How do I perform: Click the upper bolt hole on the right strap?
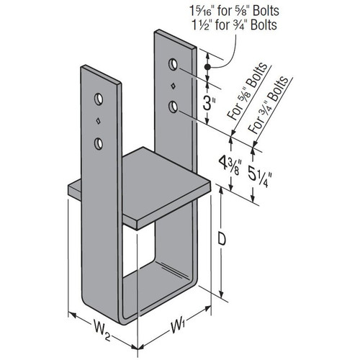click(174, 66)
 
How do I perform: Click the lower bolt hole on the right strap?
click(174, 107)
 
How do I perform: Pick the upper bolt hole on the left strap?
click(99, 96)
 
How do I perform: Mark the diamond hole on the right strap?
click(174, 88)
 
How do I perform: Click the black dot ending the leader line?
click(207, 67)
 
